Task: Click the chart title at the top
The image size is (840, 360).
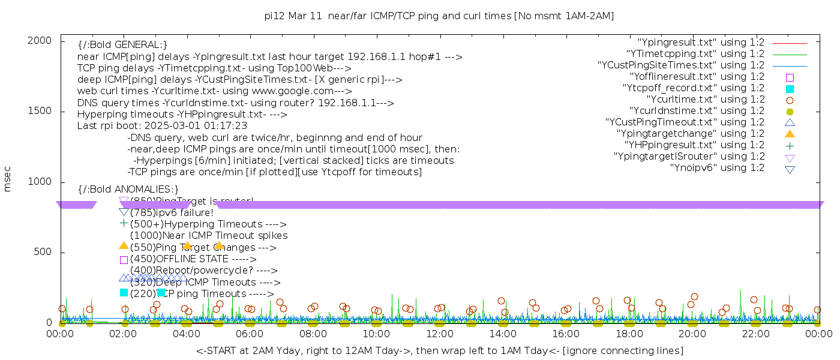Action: pos(439,16)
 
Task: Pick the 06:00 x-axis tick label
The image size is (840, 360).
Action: pos(250,334)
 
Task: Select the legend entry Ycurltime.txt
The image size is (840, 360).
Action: pos(705,100)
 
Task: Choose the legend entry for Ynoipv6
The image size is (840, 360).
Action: pos(717,168)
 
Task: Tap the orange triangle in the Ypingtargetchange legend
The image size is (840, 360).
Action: pos(790,134)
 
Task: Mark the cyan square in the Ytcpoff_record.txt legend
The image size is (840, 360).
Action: pos(790,88)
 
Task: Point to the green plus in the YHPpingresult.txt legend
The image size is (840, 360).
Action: pos(790,145)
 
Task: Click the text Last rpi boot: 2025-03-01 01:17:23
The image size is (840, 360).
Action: pos(162,126)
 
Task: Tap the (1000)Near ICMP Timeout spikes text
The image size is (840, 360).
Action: pos(209,236)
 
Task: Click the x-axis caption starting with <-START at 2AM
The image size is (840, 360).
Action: pos(439,350)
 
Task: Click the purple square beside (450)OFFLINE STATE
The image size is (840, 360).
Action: pos(124,260)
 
